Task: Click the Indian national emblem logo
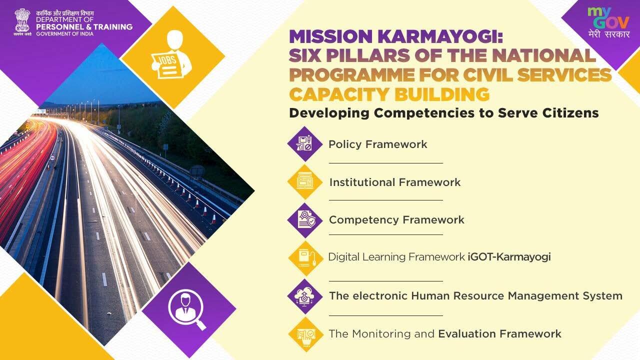pyautogui.click(x=22, y=21)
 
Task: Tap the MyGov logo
pyautogui.click(x=608, y=23)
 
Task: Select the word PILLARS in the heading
pyautogui.click(x=369, y=55)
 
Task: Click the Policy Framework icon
pyautogui.click(x=305, y=143)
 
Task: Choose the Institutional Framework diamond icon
pyautogui.click(x=305, y=181)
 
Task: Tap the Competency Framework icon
pyautogui.click(x=305, y=220)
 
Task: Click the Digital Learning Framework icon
pyautogui.click(x=305, y=258)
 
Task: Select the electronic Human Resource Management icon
pyautogui.click(x=305, y=296)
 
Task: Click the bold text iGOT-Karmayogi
pyautogui.click(x=509, y=257)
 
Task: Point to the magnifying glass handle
pyautogui.click(x=200, y=325)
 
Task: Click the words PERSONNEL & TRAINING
pyautogui.click(x=84, y=27)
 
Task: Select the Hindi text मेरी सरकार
pyautogui.click(x=609, y=34)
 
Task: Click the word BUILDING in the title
pyautogui.click(x=442, y=94)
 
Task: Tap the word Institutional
pyautogui.click(x=362, y=182)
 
